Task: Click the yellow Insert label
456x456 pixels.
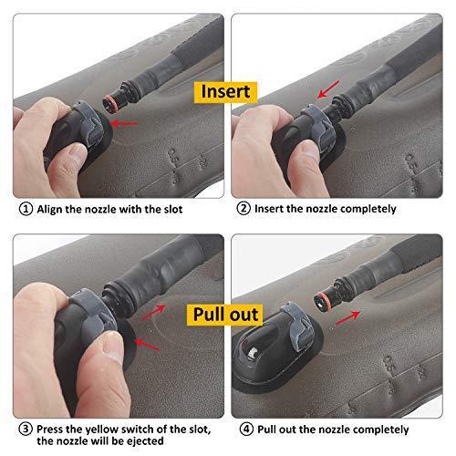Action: (226, 91)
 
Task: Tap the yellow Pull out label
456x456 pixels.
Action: (226, 315)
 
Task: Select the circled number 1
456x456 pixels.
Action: (24, 209)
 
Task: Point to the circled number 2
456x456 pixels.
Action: (244, 209)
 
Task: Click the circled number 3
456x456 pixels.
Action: (24, 428)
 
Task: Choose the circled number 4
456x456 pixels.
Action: (244, 428)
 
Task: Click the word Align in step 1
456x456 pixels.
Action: (51, 209)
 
